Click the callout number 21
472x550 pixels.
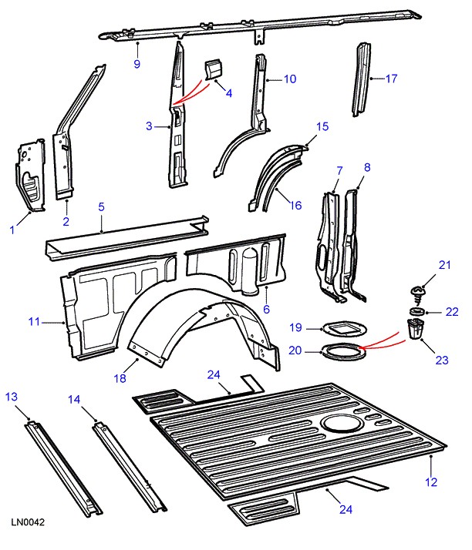point(444,266)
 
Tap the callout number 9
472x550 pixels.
point(137,64)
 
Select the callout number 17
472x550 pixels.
point(391,78)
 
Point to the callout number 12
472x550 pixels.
point(430,482)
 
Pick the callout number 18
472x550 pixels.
point(119,379)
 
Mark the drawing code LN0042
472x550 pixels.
point(28,523)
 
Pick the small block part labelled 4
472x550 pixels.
point(211,69)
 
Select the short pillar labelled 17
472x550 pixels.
point(360,81)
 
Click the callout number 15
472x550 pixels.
point(322,126)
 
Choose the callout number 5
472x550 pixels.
point(101,206)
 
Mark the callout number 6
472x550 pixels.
point(266,309)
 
